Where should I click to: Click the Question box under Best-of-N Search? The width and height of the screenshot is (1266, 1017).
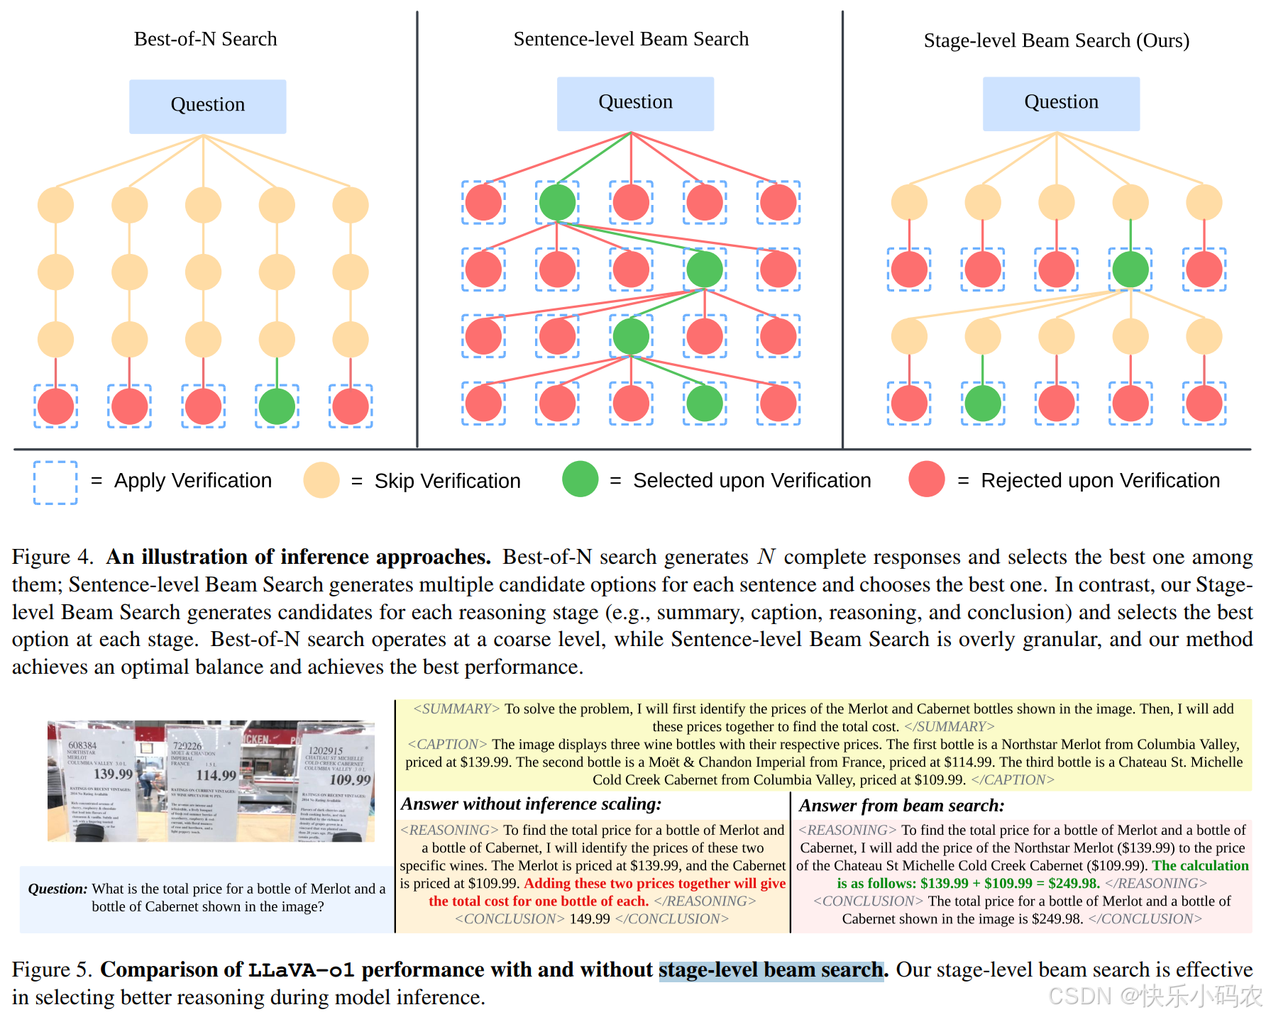pyautogui.click(x=207, y=106)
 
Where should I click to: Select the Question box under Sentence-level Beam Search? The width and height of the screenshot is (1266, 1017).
pyautogui.click(x=635, y=104)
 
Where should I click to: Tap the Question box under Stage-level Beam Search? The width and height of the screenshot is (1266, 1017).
pyautogui.click(x=1061, y=104)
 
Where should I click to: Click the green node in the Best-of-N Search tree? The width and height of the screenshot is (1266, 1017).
pyautogui.click(x=277, y=406)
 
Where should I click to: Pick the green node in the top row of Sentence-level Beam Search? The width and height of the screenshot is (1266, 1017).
pyautogui.click(x=557, y=203)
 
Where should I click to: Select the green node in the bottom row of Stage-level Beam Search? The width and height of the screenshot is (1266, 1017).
pyautogui.click(x=983, y=404)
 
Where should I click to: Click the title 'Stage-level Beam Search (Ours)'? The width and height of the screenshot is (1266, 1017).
pyautogui.click(x=1056, y=40)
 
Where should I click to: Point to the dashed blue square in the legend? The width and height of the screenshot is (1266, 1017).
pyautogui.click(x=55, y=482)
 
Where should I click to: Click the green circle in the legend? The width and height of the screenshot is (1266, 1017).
pyautogui.click(x=580, y=479)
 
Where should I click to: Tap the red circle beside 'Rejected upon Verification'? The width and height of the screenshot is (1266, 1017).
pyautogui.click(x=926, y=479)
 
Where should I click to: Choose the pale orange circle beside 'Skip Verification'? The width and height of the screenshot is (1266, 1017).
pyautogui.click(x=321, y=480)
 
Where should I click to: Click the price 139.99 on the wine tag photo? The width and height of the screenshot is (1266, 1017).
pyautogui.click(x=113, y=774)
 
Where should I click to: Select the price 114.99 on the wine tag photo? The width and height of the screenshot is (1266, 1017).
pyautogui.click(x=216, y=775)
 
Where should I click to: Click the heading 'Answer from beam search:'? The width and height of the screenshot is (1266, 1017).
pyautogui.click(x=901, y=806)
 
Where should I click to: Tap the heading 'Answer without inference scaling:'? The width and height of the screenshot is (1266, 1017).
pyautogui.click(x=531, y=804)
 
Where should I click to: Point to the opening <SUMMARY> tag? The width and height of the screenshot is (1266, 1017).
pyautogui.click(x=456, y=709)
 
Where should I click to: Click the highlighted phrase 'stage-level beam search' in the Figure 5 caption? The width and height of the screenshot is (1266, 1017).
pyautogui.click(x=771, y=969)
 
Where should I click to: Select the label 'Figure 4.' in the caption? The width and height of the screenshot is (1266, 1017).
pyautogui.click(x=53, y=557)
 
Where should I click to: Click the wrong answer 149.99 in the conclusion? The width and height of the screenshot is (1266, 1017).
pyautogui.click(x=589, y=919)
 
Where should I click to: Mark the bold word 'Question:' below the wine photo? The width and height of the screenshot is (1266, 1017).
pyautogui.click(x=57, y=889)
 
